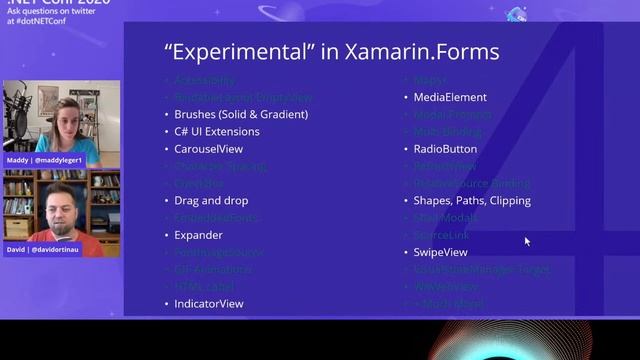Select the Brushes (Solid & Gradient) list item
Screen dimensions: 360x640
pyautogui.click(x=241, y=114)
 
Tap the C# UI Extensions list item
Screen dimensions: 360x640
pyautogui.click(x=217, y=131)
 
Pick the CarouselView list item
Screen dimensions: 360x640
pyautogui.click(x=209, y=149)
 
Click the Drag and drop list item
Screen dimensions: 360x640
pyautogui.click(x=211, y=200)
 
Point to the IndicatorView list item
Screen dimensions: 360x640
pyautogui.click(x=209, y=303)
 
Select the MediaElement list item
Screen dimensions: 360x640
pyautogui.click(x=450, y=97)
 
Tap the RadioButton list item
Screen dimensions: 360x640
pyautogui.click(x=445, y=149)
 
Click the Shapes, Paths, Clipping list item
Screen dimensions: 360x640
pyautogui.click(x=472, y=200)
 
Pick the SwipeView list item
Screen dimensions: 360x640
pyautogui.click(x=440, y=252)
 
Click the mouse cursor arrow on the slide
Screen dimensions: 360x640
pyautogui.click(x=527, y=241)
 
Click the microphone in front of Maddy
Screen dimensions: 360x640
pyautogui.click(x=22, y=112)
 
